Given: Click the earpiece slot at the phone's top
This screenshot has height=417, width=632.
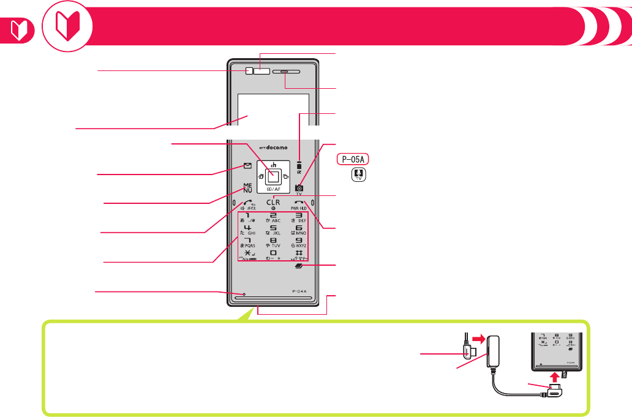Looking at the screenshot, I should tap(287, 72).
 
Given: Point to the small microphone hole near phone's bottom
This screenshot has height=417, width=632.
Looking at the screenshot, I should tap(243, 295).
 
